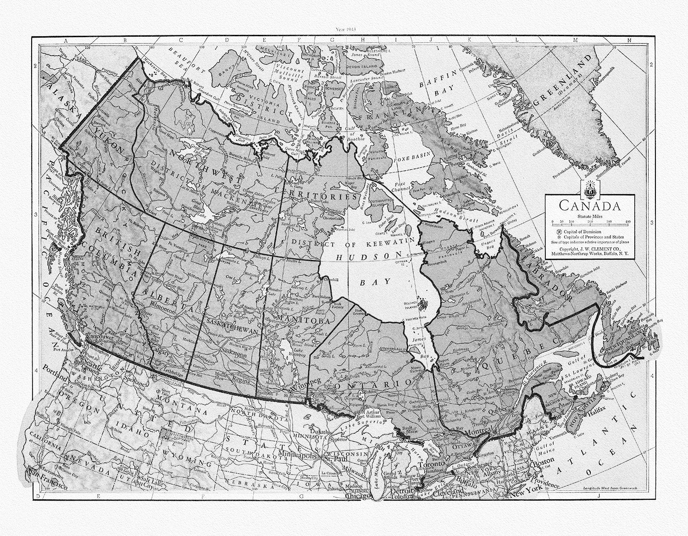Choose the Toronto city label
click(x=431, y=464)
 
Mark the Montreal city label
click(x=479, y=433)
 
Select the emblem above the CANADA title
click(x=588, y=188)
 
